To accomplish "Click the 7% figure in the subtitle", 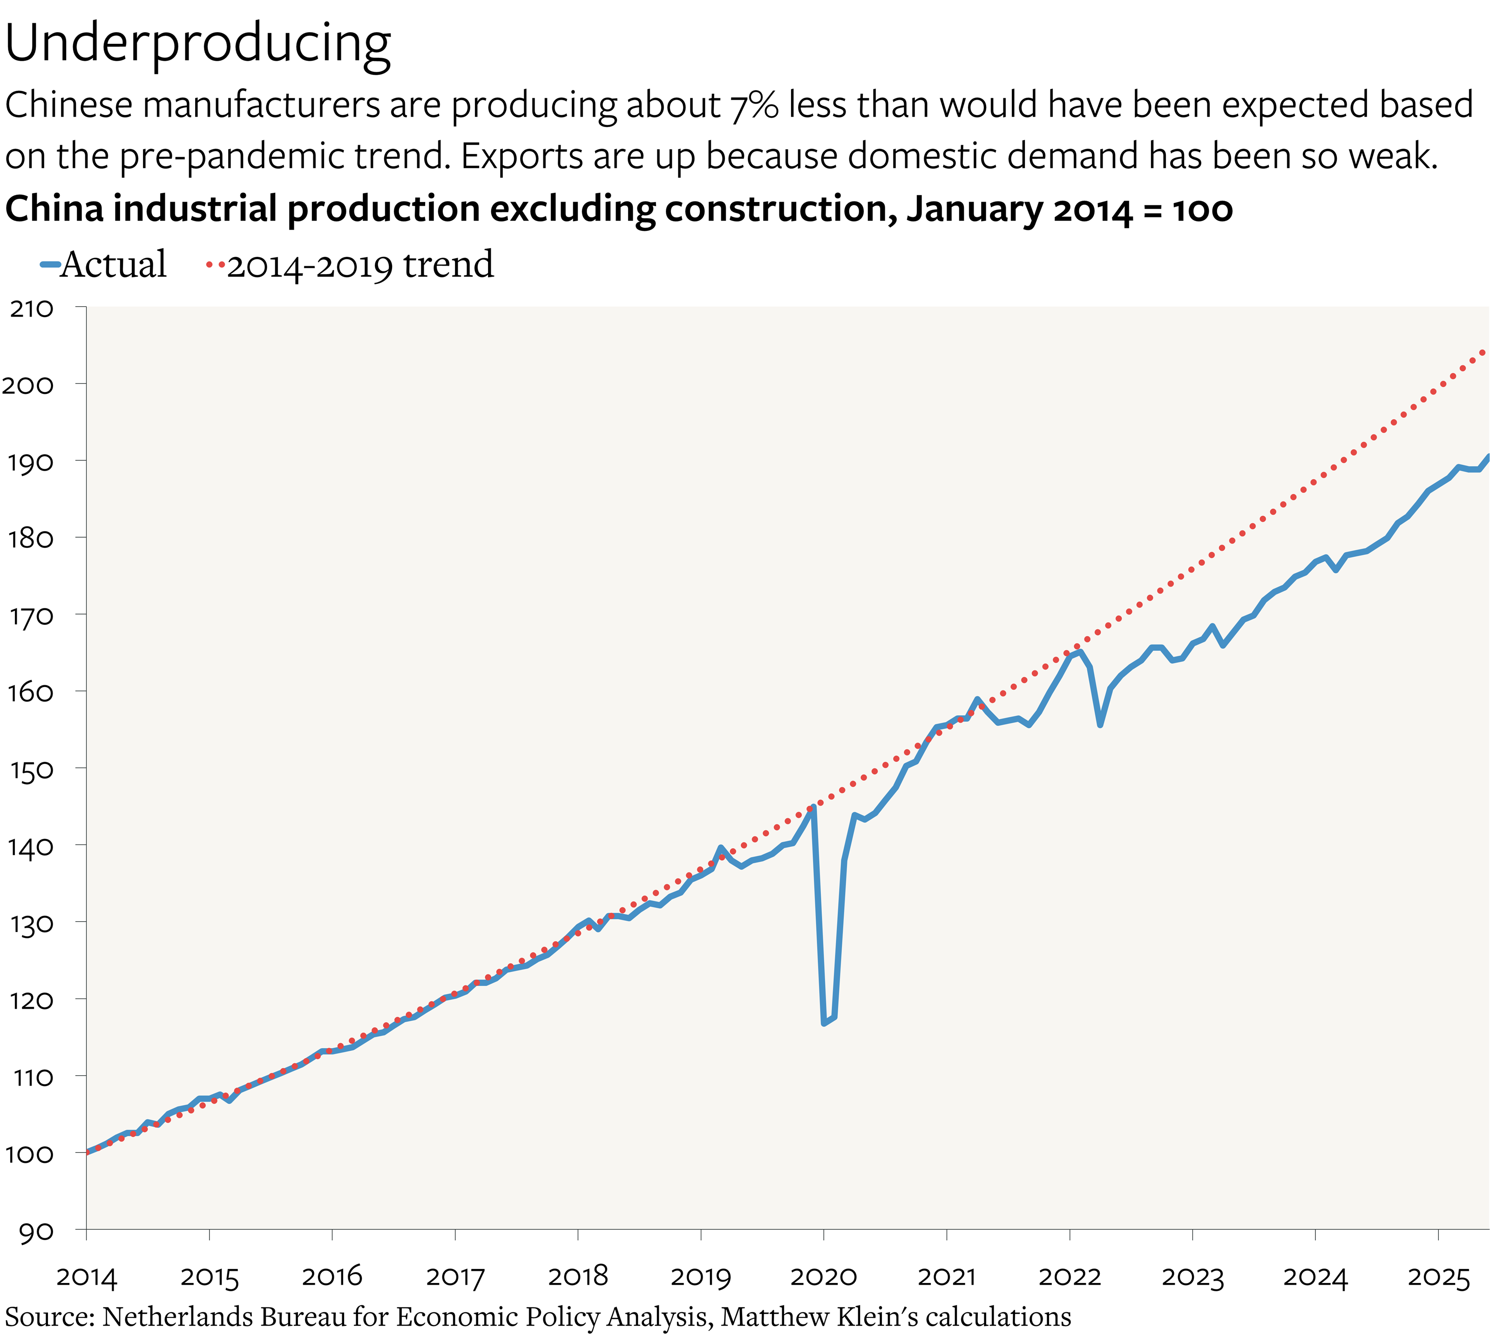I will pyautogui.click(x=754, y=105).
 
